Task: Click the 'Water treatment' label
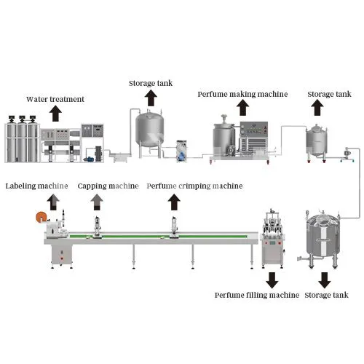(x=55, y=99)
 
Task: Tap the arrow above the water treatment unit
(x=56, y=113)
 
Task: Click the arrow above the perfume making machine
(x=243, y=108)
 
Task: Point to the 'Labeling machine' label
(x=37, y=186)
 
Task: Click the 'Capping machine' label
(x=108, y=186)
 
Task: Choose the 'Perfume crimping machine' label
(x=194, y=186)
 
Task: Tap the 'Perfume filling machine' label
(x=256, y=295)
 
